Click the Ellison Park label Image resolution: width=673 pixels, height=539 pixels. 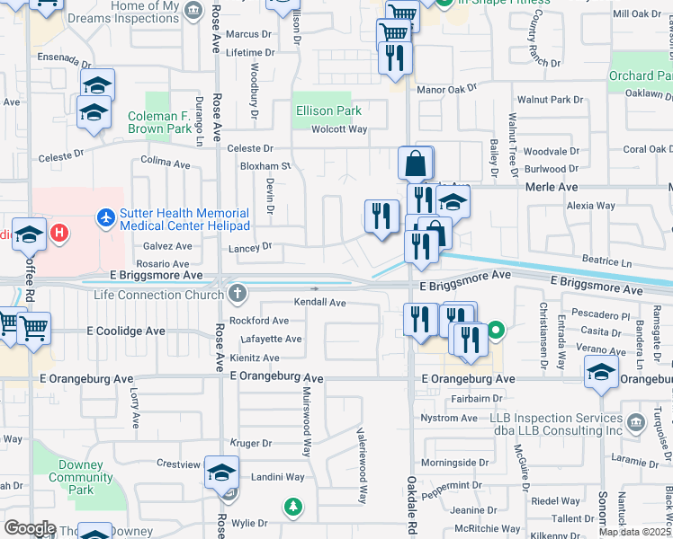328,110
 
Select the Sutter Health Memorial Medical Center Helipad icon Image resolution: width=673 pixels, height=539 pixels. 107,216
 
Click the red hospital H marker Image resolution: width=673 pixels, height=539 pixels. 59,234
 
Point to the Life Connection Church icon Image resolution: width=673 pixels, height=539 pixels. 237,294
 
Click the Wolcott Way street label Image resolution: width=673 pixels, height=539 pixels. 339,129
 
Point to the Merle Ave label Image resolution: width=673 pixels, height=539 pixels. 552,187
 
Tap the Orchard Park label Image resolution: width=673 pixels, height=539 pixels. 642,76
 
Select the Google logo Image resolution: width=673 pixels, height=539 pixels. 30,527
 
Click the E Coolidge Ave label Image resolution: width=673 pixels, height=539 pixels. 126,331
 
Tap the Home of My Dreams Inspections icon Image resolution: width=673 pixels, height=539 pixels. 192,11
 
